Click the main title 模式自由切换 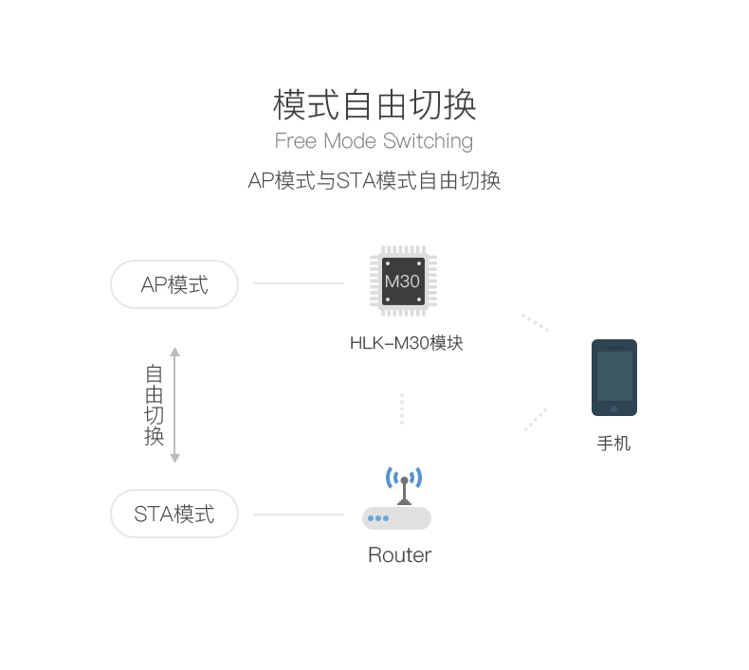(374, 104)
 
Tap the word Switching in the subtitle (428, 141)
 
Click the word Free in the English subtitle (296, 141)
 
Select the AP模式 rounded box (174, 284)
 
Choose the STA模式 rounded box (174, 514)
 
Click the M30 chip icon (403, 281)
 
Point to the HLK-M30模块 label (407, 343)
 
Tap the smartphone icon (614, 377)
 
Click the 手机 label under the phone (613, 444)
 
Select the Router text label (400, 555)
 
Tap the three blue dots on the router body (378, 518)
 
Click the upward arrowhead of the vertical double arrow (174, 352)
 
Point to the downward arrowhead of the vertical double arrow (174, 459)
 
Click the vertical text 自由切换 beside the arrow (154, 405)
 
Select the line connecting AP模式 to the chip (299, 283)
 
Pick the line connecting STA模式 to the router (299, 515)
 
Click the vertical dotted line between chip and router (402, 408)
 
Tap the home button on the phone (613, 408)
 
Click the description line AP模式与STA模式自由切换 (374, 181)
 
